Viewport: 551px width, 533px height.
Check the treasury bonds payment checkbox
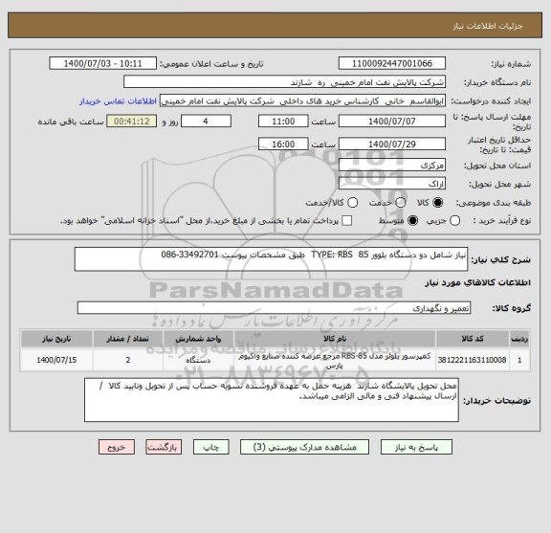point(345,221)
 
